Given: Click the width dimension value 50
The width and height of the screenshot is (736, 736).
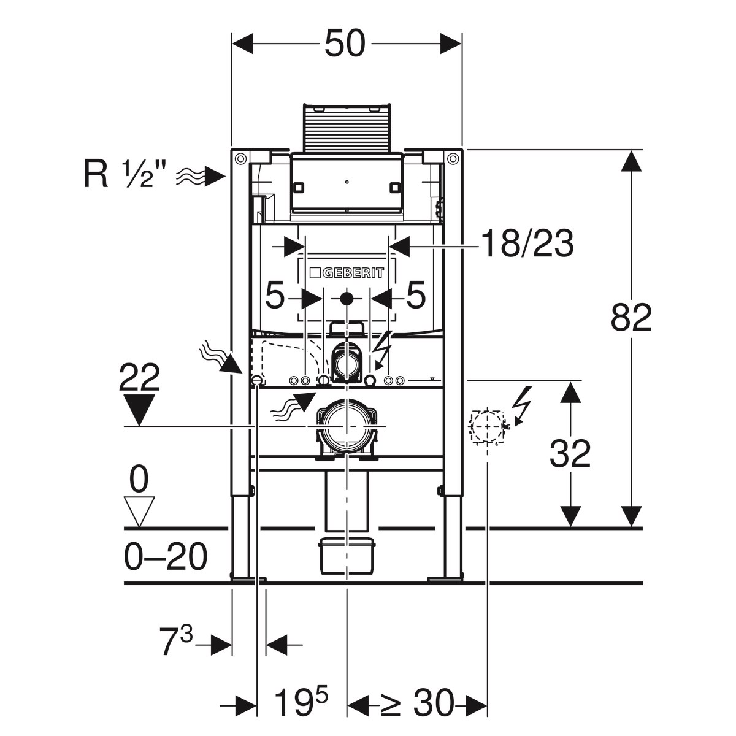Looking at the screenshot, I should coord(345,44).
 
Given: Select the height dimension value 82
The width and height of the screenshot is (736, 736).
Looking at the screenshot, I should coord(631,318).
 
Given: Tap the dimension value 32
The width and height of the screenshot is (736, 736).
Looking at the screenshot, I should coord(570,454).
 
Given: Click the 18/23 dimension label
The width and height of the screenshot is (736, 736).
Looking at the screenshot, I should coord(527,245).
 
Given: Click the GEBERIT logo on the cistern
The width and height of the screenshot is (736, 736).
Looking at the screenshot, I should coord(347,273).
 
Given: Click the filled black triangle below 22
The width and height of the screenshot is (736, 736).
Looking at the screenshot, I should coord(140,409).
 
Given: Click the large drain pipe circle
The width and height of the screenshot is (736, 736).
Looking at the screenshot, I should coord(347,425).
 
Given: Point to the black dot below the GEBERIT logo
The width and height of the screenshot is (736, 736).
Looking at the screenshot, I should coord(347,299).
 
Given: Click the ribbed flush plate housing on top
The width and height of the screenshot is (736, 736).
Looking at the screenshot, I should coord(347,128).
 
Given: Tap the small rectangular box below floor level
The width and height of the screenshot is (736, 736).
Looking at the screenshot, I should coord(347,556).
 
